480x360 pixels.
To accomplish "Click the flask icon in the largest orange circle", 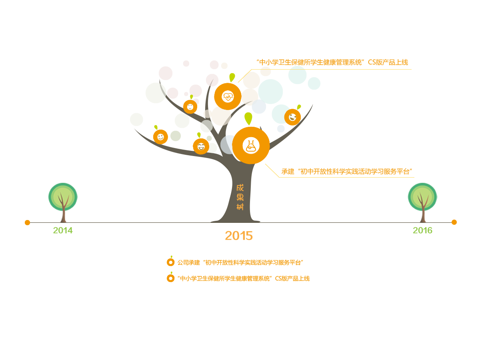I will click(x=251, y=146).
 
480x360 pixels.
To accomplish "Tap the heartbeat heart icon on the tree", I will click(x=228, y=96).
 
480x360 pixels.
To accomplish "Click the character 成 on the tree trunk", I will click(x=240, y=188).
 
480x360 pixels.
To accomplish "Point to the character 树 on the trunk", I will click(x=240, y=207).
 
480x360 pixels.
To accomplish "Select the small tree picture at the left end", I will click(x=63, y=202).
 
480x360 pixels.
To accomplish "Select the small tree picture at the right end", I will click(x=422, y=202).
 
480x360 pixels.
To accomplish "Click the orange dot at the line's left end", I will click(x=27, y=222).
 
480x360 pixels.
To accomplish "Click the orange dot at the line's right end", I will click(x=454, y=222).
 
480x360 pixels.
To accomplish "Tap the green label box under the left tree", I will click(x=63, y=230).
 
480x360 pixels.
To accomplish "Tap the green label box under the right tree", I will click(x=422, y=230).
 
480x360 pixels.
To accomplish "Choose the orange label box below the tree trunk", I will click(x=239, y=236).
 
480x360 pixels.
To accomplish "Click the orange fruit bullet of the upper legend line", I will click(x=171, y=262).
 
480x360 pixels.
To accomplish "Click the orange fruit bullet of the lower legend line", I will click(x=171, y=278).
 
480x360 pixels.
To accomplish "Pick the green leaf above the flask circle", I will click(x=248, y=118).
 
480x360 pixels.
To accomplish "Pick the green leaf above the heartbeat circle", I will click(x=232, y=77).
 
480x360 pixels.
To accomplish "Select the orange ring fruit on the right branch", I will click(x=292, y=117).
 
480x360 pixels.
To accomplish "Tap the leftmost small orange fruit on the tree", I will click(x=160, y=137).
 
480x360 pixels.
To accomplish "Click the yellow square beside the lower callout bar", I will click(x=272, y=171).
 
